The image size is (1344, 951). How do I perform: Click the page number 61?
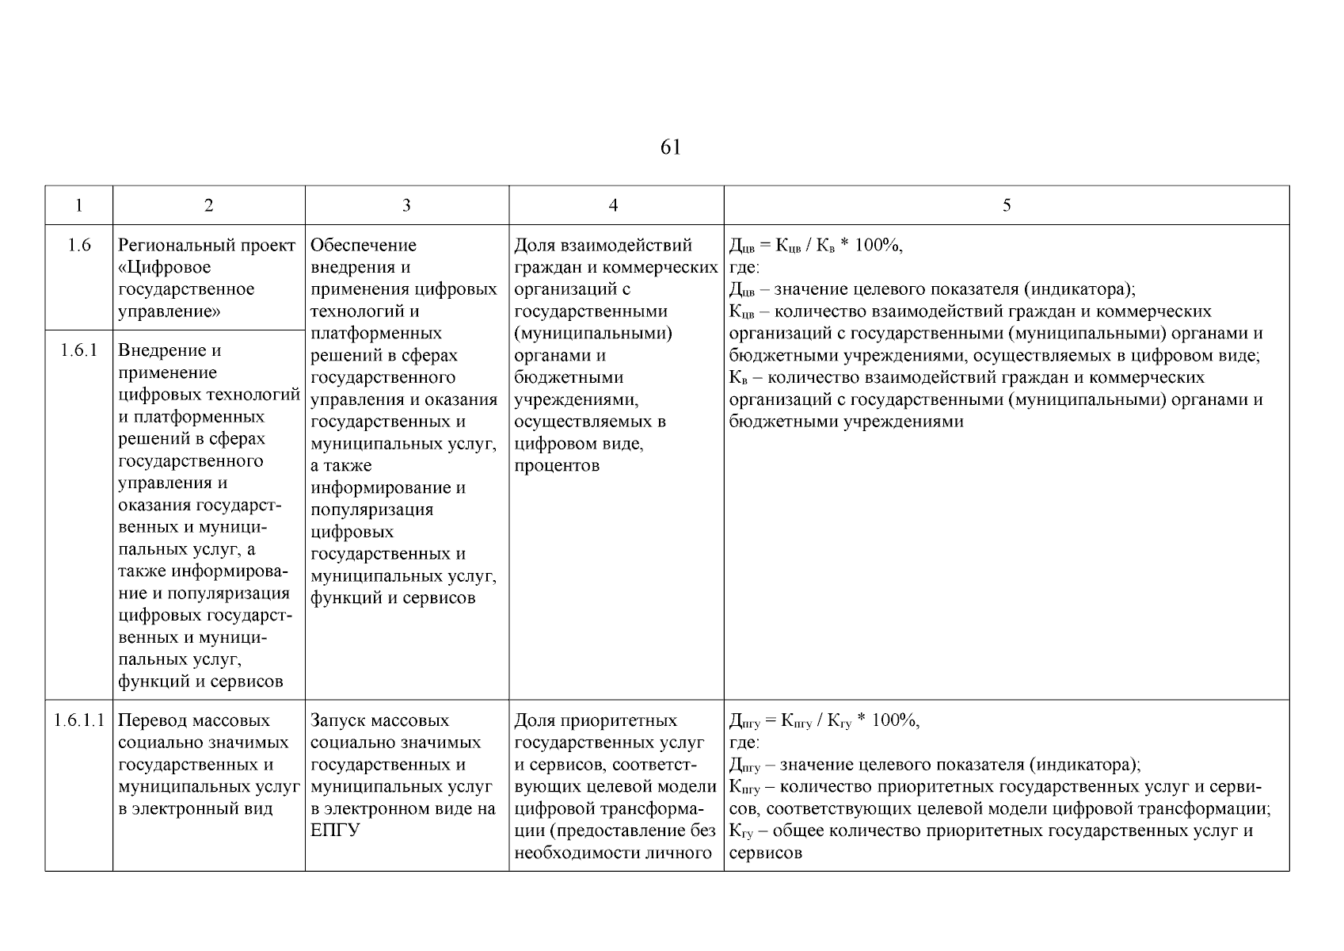tap(669, 147)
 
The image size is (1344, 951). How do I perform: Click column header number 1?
tap(78, 205)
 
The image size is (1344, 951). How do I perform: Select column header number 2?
tap(208, 205)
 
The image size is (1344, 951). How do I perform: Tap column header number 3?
tap(406, 205)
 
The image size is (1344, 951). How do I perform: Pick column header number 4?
tap(613, 205)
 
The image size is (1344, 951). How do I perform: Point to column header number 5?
tap(1006, 205)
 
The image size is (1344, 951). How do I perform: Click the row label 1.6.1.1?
tap(79, 720)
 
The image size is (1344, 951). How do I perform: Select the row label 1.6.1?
tap(79, 350)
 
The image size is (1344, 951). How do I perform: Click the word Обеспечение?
tap(364, 246)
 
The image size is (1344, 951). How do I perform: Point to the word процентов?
tap(557, 466)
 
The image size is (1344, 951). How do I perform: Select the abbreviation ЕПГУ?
tap(335, 831)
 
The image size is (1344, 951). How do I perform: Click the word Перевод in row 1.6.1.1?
tap(150, 720)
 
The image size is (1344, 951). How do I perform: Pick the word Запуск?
tap(338, 720)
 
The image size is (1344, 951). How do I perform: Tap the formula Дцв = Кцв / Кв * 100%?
tap(815, 246)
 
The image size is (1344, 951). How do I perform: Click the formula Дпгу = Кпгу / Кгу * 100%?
tap(824, 721)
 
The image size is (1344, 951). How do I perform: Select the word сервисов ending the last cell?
tap(765, 854)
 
